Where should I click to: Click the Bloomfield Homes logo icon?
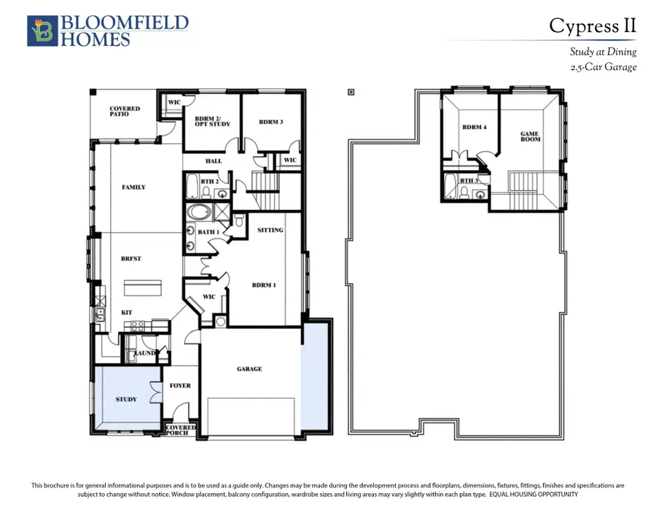coord(42,31)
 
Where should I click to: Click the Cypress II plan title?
coord(593,26)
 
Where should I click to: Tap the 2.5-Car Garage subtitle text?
coord(604,67)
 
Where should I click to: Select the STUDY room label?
coord(126,400)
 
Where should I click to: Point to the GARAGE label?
coord(249,369)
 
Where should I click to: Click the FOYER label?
coord(180,386)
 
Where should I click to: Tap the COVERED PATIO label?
coord(125,112)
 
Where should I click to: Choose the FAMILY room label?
coord(134,187)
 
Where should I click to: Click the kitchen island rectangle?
coord(143,288)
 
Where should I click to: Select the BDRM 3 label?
coord(271,122)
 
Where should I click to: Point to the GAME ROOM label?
coord(530,136)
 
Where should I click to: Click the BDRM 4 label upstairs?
coord(475,127)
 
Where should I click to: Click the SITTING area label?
coord(270,230)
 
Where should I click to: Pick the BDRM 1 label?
coord(264,285)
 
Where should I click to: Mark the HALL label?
coord(214,160)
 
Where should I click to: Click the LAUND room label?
coord(144,353)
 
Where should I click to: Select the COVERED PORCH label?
coord(181,430)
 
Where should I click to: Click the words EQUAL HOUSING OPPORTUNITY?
coord(534,495)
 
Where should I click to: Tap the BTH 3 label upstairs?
coord(469,180)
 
